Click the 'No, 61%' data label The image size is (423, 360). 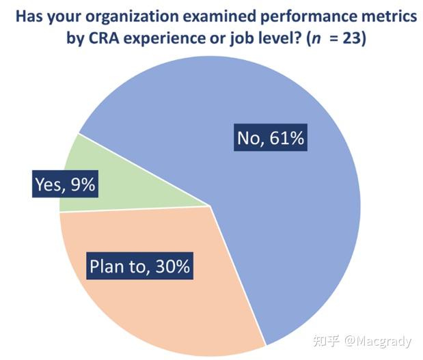[x=271, y=137]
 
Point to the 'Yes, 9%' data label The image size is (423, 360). [x=65, y=184]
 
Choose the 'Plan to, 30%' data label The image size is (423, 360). [x=139, y=266]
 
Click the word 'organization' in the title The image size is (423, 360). [x=132, y=16]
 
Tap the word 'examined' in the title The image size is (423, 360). [x=219, y=16]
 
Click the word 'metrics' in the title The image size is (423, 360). [x=388, y=16]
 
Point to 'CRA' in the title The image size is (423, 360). [x=104, y=38]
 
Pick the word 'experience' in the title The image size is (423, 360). [x=164, y=39]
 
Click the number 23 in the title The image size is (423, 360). [x=351, y=38]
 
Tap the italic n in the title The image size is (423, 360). [x=316, y=40]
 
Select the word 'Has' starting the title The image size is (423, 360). [x=29, y=16]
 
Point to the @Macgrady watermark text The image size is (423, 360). [x=378, y=342]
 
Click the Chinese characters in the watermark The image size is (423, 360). [x=327, y=341]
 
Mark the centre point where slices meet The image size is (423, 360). [x=210, y=206]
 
